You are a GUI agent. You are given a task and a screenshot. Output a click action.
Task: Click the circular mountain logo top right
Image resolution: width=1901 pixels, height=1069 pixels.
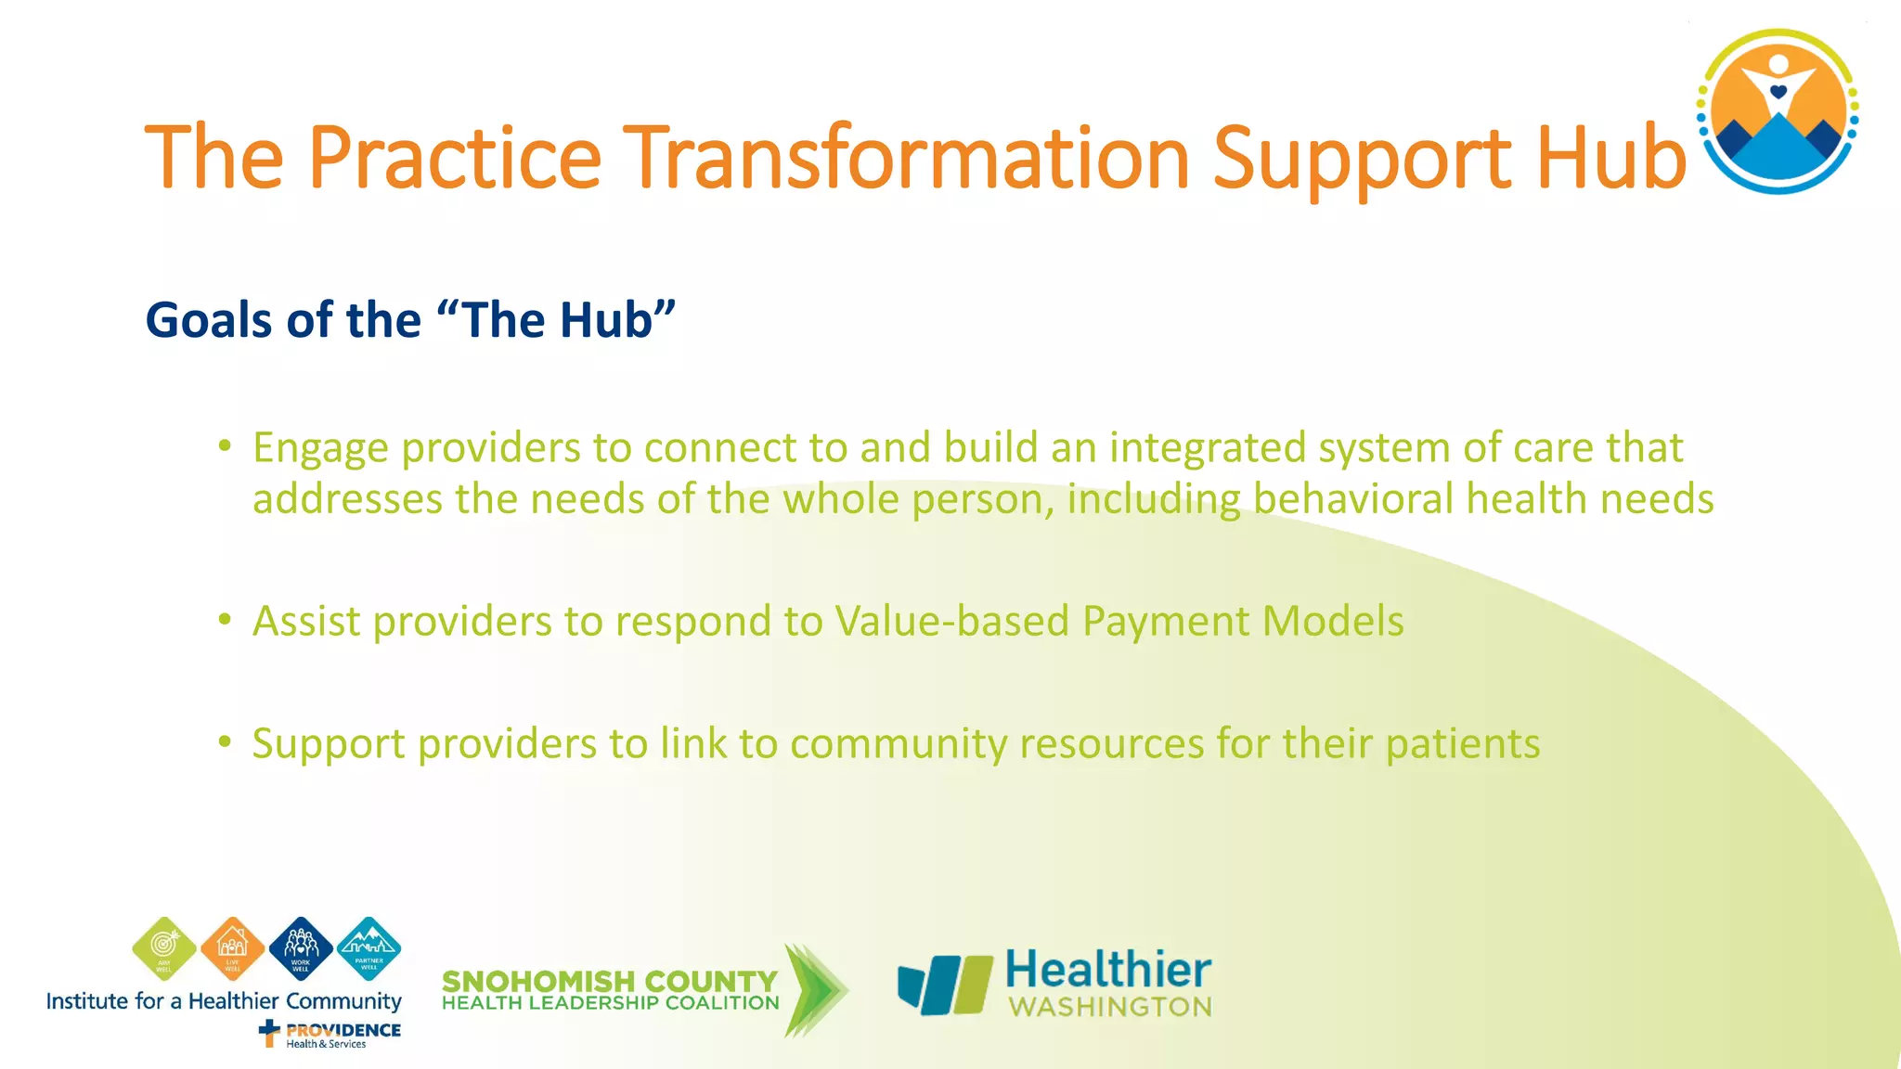pos(1778,111)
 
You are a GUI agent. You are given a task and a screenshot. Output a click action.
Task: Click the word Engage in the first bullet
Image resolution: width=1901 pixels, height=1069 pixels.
pos(320,449)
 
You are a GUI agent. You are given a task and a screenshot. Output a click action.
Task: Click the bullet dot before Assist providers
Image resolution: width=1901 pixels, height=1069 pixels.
pos(225,619)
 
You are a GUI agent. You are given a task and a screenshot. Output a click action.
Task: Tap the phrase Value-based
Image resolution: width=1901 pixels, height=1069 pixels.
pos(951,621)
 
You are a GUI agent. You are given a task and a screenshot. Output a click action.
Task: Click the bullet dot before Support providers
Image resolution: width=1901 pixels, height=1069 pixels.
pos(225,741)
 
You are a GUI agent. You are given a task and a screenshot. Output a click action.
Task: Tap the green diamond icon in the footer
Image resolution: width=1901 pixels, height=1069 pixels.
pos(164,948)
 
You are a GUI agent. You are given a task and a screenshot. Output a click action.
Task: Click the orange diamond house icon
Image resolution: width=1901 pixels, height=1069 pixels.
pos(232,948)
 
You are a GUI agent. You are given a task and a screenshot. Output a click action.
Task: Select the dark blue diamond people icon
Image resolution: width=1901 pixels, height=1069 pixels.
pos(301,948)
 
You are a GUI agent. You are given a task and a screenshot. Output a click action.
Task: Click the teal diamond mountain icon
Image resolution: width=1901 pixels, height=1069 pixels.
pos(369,948)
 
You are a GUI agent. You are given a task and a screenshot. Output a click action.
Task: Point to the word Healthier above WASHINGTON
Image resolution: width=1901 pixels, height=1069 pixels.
pos(1108,971)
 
